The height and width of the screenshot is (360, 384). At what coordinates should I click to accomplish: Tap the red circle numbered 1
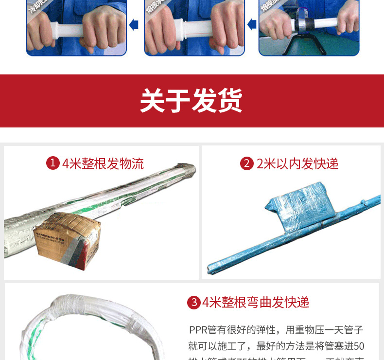click(52, 163)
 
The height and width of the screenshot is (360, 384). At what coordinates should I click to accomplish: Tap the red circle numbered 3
click(193, 303)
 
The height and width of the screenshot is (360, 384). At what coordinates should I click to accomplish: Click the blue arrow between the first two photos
click(134, 24)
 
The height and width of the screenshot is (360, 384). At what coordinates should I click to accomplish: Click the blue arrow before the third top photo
click(251, 24)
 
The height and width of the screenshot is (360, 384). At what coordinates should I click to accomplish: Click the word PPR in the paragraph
click(198, 330)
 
